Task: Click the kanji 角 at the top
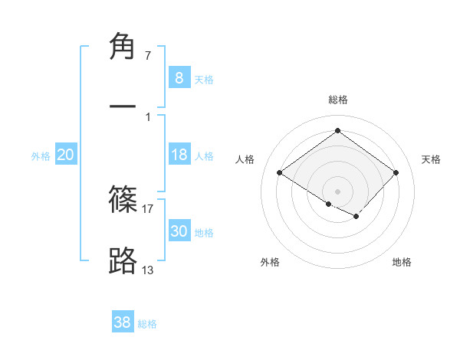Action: [x=123, y=47]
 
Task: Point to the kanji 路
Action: [x=123, y=260]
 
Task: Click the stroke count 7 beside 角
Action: [x=147, y=56]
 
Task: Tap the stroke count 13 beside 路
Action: [x=148, y=269]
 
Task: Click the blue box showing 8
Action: [x=179, y=78]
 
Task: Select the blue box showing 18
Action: [x=179, y=155]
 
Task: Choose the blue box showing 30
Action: [x=179, y=231]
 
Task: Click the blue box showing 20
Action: [x=65, y=155]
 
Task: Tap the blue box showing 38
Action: [x=122, y=322]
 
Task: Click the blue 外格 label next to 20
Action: [x=41, y=156]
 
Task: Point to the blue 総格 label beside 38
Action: [x=147, y=324]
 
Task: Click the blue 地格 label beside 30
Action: [x=204, y=233]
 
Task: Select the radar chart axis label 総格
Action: [x=338, y=100]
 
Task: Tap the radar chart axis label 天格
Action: [x=431, y=159]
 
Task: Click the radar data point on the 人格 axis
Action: [x=280, y=173]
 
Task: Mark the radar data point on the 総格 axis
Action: [x=337, y=131]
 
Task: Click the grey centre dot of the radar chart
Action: [x=337, y=191]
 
